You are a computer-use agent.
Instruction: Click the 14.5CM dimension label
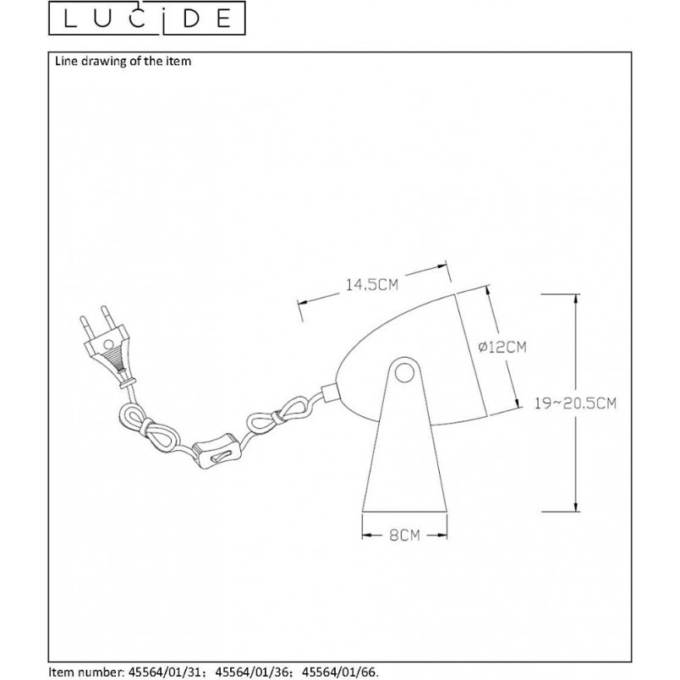(371, 284)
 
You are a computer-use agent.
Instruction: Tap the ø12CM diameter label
(502, 347)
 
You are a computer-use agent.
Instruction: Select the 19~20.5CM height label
(575, 403)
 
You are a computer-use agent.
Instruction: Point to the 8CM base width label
(404, 535)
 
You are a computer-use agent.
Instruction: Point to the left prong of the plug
(84, 326)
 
